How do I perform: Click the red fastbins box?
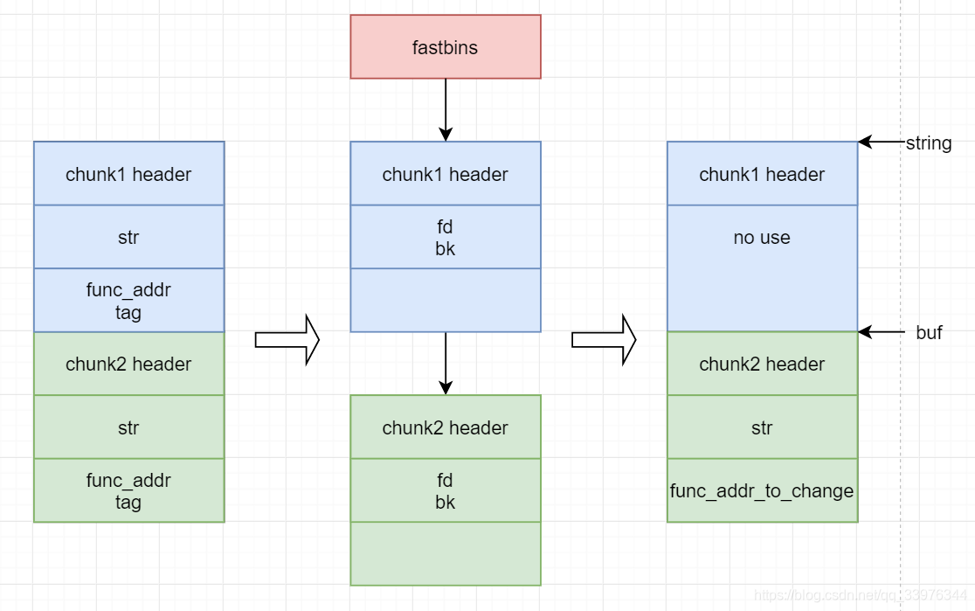click(446, 46)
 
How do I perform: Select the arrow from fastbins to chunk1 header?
click(446, 109)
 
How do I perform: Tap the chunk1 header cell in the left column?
click(128, 174)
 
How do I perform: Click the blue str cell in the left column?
click(128, 237)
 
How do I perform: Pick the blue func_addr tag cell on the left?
click(128, 301)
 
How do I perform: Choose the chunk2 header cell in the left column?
click(128, 364)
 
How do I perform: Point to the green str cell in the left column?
click(128, 427)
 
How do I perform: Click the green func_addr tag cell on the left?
click(128, 490)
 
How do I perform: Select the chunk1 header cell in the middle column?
click(446, 174)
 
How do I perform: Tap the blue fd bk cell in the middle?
click(446, 237)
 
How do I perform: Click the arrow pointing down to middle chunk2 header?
click(446, 363)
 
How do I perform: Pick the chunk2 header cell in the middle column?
click(446, 427)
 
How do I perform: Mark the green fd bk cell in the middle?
click(446, 490)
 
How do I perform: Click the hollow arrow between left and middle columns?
click(287, 339)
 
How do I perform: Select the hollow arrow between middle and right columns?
click(604, 339)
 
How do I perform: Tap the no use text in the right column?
click(762, 237)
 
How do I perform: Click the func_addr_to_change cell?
click(762, 490)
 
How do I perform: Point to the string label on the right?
click(928, 142)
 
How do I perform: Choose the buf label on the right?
click(929, 332)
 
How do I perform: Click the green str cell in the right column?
click(762, 427)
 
